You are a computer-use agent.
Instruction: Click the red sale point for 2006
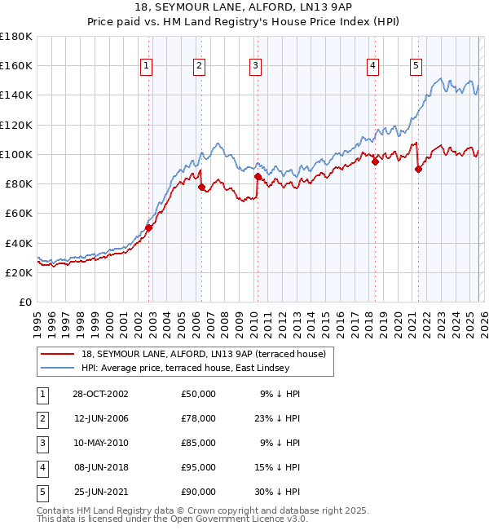[201, 187]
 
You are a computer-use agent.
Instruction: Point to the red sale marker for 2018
[375, 161]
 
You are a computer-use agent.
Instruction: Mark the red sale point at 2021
[418, 170]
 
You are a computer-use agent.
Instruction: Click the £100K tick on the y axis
[16, 154]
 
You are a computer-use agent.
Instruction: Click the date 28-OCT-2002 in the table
[101, 394]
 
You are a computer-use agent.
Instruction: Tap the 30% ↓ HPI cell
[280, 492]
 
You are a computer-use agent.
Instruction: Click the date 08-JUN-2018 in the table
[101, 467]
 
